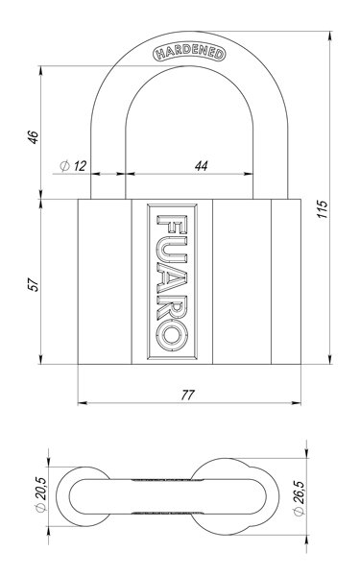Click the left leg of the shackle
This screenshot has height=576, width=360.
108,163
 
